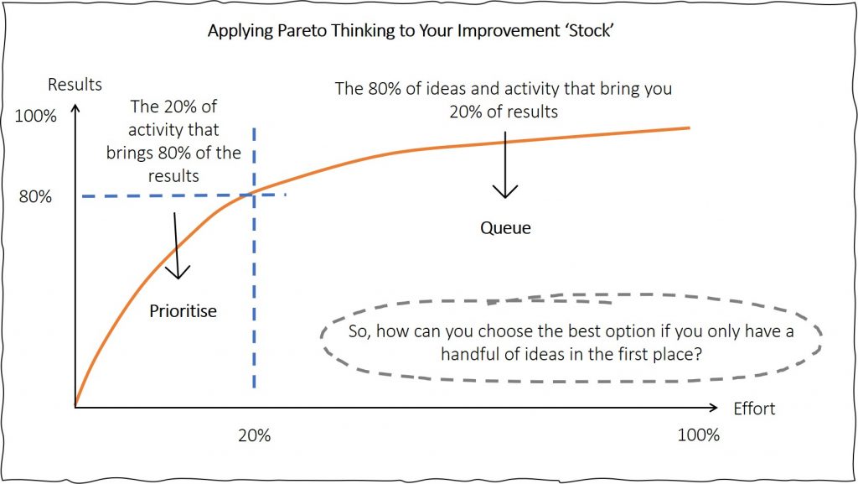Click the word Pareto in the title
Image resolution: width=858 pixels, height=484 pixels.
click(x=302, y=31)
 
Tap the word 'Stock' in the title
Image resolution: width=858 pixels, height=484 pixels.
click(x=591, y=31)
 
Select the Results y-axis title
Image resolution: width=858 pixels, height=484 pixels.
click(x=75, y=85)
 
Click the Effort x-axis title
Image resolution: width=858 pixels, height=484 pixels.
click(x=754, y=409)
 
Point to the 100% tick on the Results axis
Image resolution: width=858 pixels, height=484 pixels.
click(x=35, y=116)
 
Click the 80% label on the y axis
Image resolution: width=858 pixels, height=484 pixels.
click(x=35, y=196)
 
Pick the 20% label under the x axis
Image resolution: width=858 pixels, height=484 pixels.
click(x=255, y=435)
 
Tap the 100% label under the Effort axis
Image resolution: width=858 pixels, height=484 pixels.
click(x=698, y=435)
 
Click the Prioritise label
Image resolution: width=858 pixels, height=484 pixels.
click(x=183, y=311)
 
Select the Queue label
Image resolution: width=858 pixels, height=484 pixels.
click(x=505, y=228)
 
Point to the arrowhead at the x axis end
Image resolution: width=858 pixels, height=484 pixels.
click(x=714, y=408)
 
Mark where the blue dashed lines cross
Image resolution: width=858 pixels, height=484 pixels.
click(x=254, y=195)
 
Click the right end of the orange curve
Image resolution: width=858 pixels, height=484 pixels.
click(x=690, y=128)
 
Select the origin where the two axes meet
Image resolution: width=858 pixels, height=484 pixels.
click(x=75, y=408)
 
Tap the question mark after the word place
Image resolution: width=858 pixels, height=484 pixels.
click(x=698, y=354)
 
